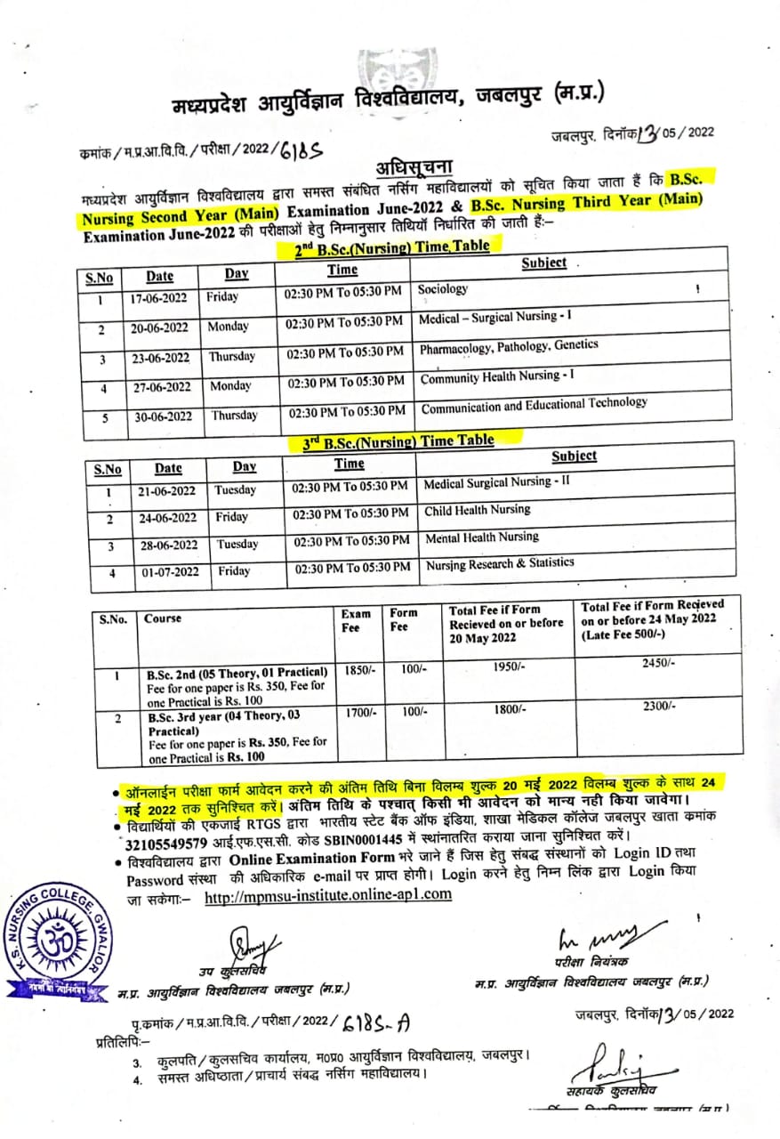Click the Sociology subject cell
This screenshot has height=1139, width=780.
(x=443, y=289)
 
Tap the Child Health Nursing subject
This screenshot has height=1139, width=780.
(x=477, y=510)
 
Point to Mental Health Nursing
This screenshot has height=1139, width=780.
(x=481, y=537)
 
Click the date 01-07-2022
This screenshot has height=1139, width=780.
(x=170, y=572)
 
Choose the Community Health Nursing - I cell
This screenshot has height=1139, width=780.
(x=497, y=377)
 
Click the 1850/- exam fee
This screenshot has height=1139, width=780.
(x=358, y=670)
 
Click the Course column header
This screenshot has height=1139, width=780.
(x=163, y=618)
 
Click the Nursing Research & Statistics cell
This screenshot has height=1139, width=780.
(x=499, y=564)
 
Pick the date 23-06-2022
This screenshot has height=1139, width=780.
(x=161, y=359)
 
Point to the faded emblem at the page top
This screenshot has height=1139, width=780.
(x=390, y=68)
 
